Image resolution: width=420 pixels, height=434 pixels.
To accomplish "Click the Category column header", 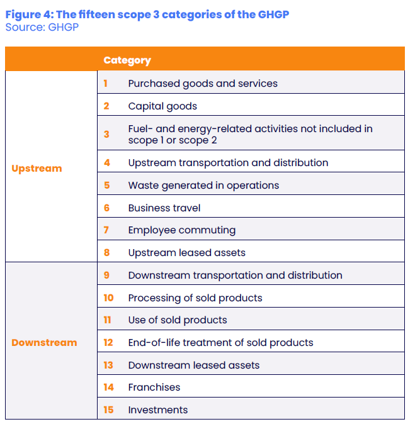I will click(127, 60).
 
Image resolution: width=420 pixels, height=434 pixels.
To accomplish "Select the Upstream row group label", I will click(37, 169).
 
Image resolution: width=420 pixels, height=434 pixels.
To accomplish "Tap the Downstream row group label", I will click(44, 343).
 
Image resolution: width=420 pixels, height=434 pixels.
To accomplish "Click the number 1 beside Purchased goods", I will click(106, 83).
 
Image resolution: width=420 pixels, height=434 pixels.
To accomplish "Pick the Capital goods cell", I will click(162, 106).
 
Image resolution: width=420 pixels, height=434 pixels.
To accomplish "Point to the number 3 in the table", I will click(106, 134).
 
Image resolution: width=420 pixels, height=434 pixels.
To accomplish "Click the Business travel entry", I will click(164, 208).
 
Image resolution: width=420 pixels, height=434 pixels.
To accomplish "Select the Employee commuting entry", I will click(181, 230).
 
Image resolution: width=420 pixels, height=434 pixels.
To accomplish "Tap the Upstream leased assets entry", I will click(186, 253).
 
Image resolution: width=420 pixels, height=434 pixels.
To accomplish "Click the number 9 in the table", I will click(106, 275).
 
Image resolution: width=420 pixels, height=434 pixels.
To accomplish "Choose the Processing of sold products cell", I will click(195, 298).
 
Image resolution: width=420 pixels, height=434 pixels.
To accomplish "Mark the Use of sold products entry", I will click(178, 320).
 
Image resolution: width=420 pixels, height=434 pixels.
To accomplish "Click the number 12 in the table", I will click(108, 343).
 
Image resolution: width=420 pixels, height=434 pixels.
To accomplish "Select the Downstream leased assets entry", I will click(193, 365).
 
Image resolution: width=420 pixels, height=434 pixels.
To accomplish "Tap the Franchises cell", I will click(154, 387).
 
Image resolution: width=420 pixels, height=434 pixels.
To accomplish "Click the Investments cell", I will click(158, 410).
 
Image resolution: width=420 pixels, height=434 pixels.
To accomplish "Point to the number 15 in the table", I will click(108, 410).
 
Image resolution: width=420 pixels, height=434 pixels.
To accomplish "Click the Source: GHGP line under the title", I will click(42, 27).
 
